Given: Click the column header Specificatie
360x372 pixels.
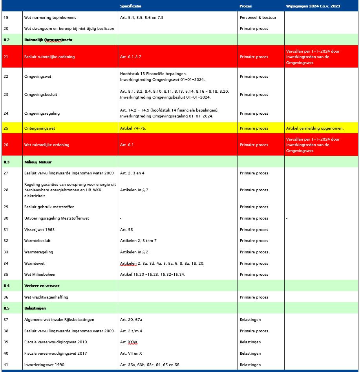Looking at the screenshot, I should tap(131, 6).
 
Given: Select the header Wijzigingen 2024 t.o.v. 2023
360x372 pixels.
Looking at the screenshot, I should tap(313, 6).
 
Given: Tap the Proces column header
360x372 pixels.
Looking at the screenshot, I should tap(245, 6).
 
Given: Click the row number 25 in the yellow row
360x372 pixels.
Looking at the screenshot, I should tap(6, 128).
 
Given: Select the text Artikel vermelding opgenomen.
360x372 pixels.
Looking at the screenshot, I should tap(315, 128).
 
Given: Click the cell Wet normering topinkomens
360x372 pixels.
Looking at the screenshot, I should tap(50, 18).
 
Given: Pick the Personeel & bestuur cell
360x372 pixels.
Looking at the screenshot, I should tap(258, 18).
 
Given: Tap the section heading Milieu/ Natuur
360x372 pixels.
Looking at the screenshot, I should tap(38, 162).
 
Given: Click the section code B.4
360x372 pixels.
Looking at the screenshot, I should tap(7, 286).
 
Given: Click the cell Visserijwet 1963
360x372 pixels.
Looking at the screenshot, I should tap(39, 230).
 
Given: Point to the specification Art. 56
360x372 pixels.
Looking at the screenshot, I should tap(126, 230).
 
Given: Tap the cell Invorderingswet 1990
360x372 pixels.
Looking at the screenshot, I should tap(43, 365).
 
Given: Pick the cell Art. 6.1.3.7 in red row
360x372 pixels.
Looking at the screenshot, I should tap(131, 57).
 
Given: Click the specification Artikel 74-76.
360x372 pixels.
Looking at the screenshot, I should tap(133, 128).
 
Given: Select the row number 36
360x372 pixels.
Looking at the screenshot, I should tap(6, 297).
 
